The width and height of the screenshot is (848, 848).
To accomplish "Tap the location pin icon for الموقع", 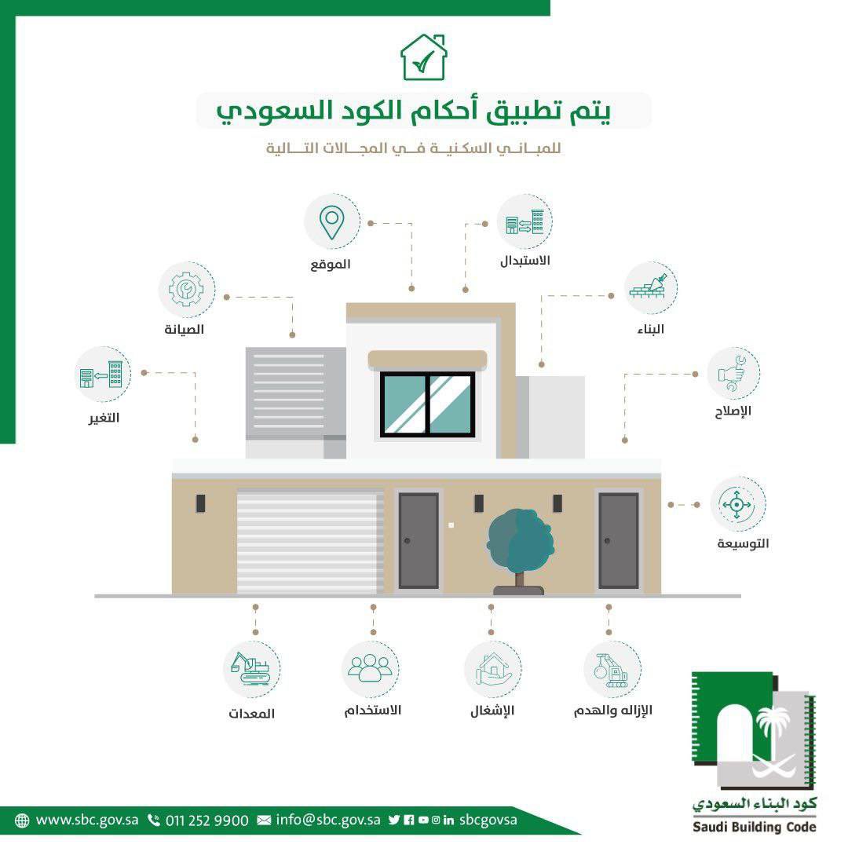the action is click(332, 221).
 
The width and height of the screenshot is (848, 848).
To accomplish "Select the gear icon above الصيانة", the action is click(186, 289).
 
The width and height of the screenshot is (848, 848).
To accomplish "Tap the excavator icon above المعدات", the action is click(251, 670).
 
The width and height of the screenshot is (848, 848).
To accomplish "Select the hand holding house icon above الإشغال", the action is click(492, 669).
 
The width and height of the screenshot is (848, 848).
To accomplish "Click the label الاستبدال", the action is click(525, 260).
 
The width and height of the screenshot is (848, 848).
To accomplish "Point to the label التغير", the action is click(104, 417).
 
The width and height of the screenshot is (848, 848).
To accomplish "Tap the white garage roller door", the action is click(310, 542).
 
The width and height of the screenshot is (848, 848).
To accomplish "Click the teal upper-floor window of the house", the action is click(428, 404).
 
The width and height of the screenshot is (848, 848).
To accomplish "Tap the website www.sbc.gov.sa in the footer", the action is click(87, 820).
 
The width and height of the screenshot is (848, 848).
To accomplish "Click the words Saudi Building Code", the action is click(755, 827).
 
